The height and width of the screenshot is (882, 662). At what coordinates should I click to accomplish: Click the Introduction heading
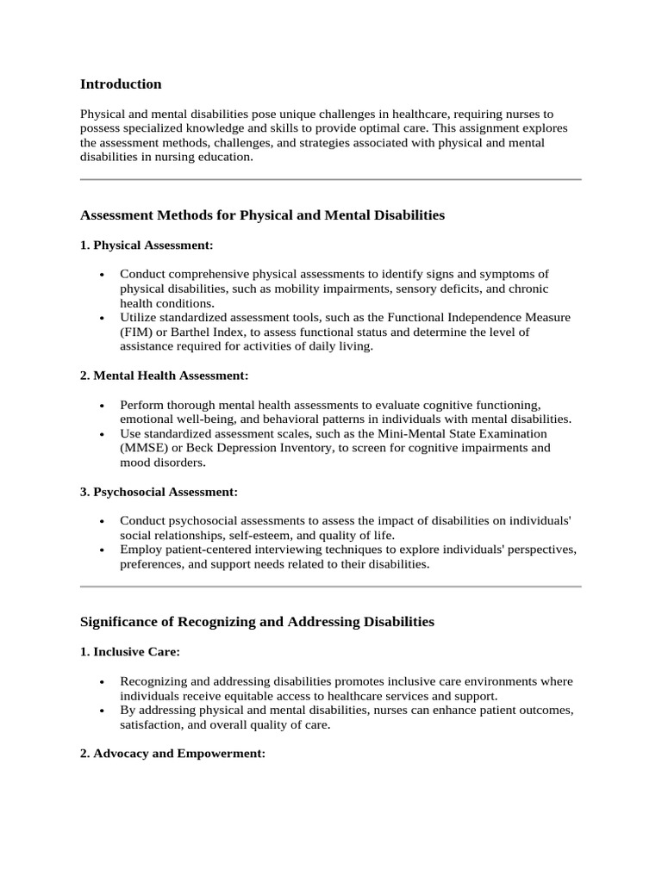(121, 84)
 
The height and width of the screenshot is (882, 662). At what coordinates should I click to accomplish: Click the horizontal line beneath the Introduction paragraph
(330, 179)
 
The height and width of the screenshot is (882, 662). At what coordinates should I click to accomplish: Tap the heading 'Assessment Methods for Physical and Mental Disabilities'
(262, 215)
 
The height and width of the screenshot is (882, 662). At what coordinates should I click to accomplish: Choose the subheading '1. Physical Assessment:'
(147, 245)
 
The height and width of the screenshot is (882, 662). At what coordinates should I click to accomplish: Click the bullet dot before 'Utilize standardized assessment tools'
(103, 318)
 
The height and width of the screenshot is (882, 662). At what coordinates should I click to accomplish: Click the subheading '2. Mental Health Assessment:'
(164, 376)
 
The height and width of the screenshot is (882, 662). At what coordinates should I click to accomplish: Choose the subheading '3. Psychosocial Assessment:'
(159, 492)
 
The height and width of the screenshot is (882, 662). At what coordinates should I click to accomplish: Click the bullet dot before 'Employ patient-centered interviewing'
(103, 550)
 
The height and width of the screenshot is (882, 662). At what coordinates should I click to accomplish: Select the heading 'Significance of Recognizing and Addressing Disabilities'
(257, 621)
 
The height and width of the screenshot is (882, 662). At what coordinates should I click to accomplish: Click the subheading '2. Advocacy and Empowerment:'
(172, 754)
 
